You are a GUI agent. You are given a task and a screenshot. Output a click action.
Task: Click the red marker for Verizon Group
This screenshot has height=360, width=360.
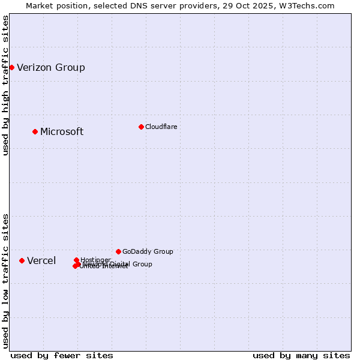point(11,67)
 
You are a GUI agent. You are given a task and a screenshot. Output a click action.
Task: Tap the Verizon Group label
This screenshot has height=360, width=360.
point(51,67)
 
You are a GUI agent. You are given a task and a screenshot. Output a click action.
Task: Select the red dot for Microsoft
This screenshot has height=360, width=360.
point(35,131)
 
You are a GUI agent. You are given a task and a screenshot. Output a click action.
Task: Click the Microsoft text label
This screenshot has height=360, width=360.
point(62,132)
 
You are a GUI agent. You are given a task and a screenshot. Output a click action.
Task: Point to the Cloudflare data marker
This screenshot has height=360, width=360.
point(141,127)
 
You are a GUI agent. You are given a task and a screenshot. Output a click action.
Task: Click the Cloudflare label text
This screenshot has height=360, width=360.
point(161,127)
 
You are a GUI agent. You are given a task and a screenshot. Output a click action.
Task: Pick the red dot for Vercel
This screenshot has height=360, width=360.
point(22,260)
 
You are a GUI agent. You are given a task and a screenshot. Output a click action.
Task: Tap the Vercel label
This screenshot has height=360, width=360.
point(41,261)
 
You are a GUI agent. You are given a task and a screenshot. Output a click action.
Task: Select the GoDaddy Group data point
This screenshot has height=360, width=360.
point(118,251)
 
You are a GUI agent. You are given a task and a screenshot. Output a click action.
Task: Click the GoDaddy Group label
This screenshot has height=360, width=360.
point(148,252)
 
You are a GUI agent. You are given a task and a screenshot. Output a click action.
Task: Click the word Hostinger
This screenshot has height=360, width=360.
point(95,259)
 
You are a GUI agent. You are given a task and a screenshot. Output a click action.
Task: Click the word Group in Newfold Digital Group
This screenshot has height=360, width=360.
point(142,264)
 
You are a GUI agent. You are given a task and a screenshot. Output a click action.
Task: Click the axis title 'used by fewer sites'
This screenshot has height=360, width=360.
point(62,355)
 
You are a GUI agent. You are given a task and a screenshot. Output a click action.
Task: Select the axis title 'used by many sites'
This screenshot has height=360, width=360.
point(301,355)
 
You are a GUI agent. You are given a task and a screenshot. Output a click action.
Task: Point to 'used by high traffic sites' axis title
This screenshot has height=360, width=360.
point(6,85)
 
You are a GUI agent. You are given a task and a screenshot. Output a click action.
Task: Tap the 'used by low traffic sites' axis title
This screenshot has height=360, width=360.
point(6,281)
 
